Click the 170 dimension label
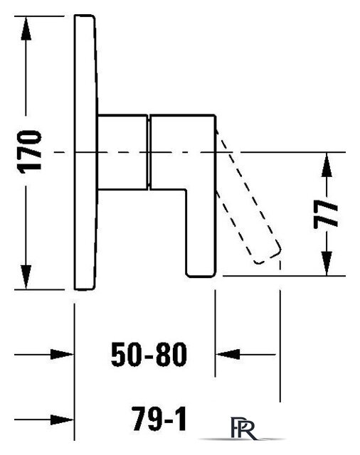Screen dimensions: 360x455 pyautogui.click(x=29, y=152)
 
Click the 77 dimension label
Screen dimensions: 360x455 pyautogui.click(x=326, y=214)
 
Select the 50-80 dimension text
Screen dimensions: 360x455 pyautogui.click(x=149, y=354)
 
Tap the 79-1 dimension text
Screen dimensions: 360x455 pyautogui.click(x=159, y=419)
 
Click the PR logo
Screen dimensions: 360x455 pyautogui.click(x=243, y=428)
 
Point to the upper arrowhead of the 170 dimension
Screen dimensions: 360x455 pyautogui.click(x=26, y=28)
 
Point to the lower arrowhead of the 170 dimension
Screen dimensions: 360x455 pyautogui.click(x=26, y=277)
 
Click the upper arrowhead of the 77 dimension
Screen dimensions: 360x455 pyautogui.click(x=327, y=164)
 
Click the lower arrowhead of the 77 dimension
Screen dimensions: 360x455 pyautogui.click(x=327, y=263)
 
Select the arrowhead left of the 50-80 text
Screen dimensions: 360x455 pyautogui.click(x=62, y=354)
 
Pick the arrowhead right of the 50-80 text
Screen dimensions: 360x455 pyautogui.click(x=228, y=354)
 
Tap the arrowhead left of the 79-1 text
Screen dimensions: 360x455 pyautogui.click(x=62, y=419)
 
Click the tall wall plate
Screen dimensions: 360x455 pyautogui.click(x=85, y=152)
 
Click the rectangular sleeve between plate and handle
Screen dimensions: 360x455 pyautogui.click(x=122, y=152)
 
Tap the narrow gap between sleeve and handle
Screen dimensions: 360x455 pyautogui.click(x=149, y=152)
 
